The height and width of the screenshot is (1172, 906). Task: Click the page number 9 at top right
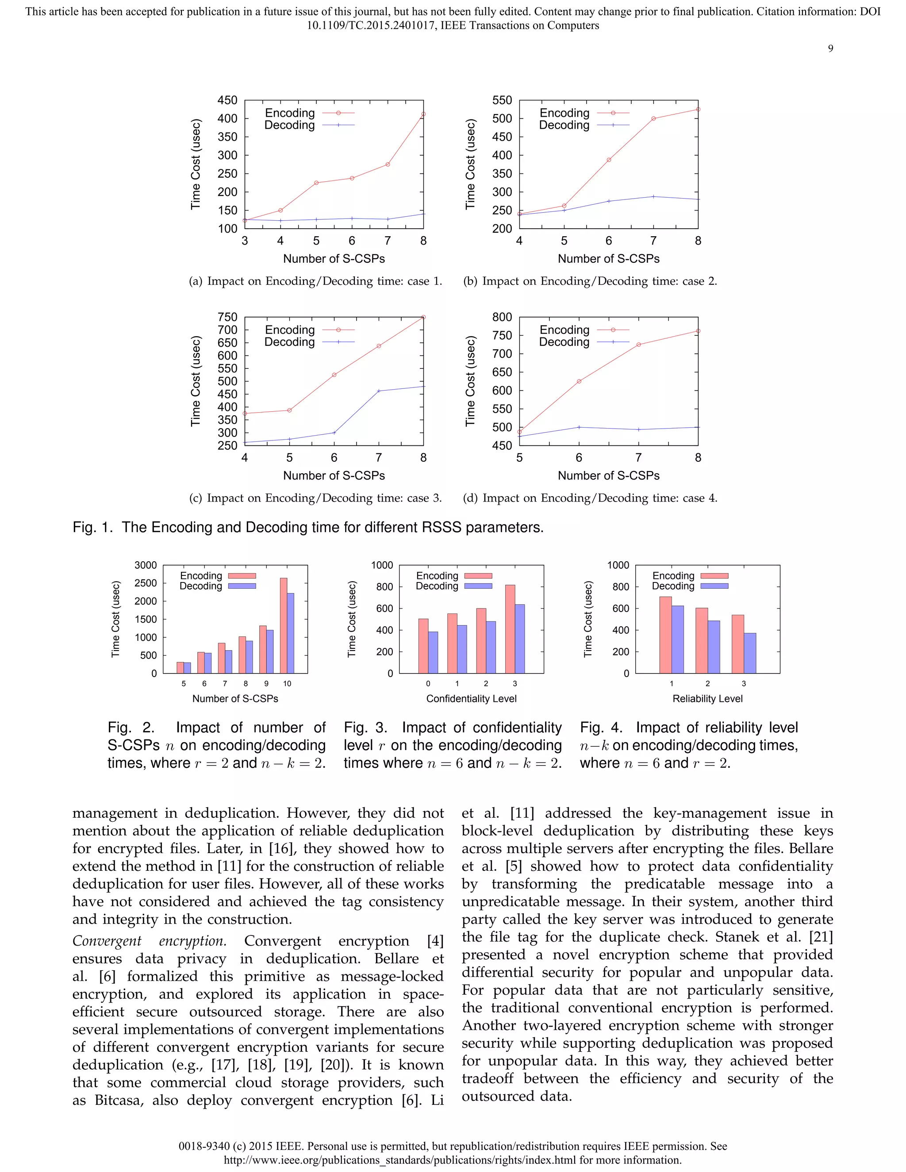click(830, 49)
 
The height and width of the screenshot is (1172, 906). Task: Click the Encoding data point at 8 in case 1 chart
click(423, 114)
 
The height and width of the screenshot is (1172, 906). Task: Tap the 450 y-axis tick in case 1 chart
click(227, 100)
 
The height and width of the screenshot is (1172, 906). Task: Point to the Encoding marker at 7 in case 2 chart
click(653, 119)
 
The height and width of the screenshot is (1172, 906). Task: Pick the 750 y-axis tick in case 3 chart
click(227, 317)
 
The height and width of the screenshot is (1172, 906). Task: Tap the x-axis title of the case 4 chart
click(609, 475)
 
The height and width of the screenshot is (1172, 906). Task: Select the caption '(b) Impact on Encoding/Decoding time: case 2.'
click(590, 281)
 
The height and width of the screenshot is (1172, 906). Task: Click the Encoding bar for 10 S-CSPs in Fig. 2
click(284, 625)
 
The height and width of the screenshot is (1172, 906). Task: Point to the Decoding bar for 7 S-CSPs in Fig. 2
click(229, 662)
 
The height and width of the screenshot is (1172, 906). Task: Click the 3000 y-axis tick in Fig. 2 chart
click(146, 565)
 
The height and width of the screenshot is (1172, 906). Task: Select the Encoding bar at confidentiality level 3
click(510, 629)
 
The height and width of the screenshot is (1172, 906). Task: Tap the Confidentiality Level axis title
click(471, 699)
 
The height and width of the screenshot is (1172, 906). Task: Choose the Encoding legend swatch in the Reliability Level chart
click(714, 576)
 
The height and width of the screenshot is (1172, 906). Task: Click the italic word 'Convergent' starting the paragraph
click(107, 941)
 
